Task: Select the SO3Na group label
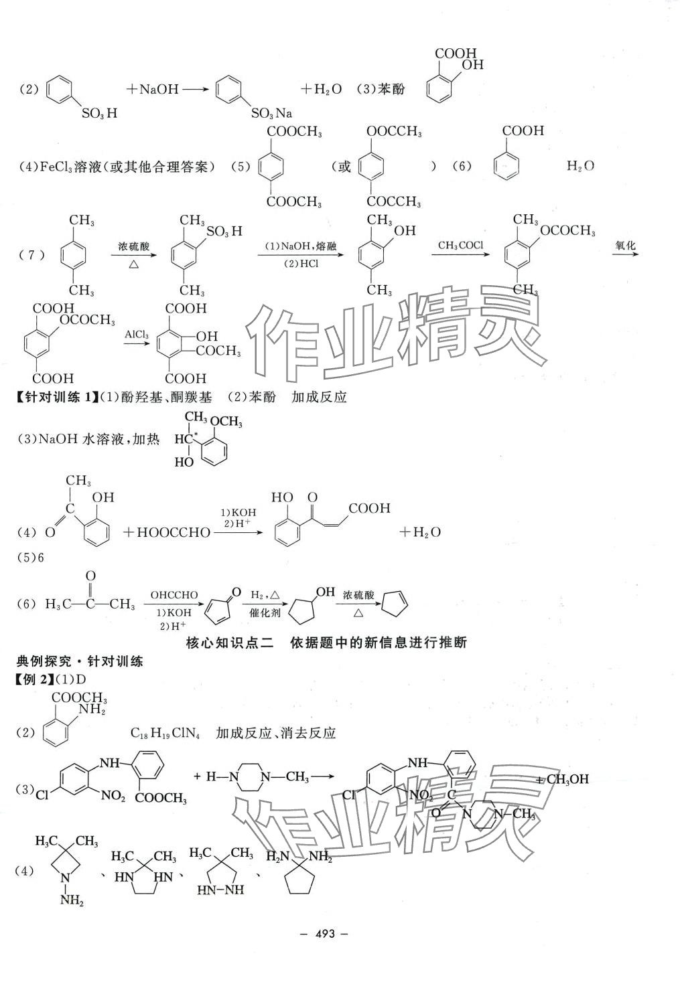(x=271, y=114)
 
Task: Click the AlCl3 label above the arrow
(x=136, y=333)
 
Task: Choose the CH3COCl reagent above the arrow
(x=460, y=246)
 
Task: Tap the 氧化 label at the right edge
(x=624, y=246)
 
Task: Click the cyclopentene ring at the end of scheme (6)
(x=393, y=602)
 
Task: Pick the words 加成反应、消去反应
(x=275, y=732)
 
